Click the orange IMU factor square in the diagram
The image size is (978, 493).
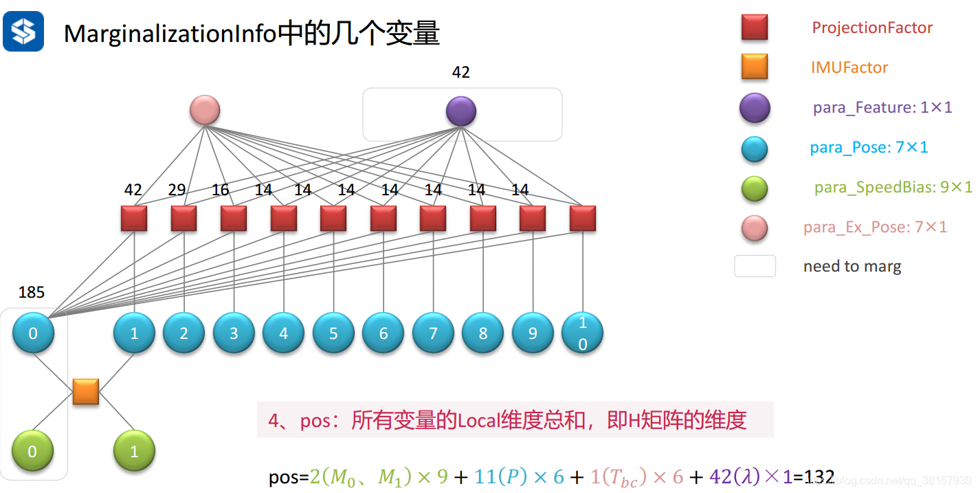(86, 391)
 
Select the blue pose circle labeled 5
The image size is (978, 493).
(333, 333)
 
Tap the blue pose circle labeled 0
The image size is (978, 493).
(33, 333)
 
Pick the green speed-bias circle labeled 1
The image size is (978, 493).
(134, 452)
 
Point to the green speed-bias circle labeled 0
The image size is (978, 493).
(33, 452)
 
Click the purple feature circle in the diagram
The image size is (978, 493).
(460, 111)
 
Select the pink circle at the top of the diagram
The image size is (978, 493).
(205, 110)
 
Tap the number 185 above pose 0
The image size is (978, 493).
(32, 292)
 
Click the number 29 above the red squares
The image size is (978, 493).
(177, 190)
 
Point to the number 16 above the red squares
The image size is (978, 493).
(220, 190)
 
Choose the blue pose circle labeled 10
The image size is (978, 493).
(583, 333)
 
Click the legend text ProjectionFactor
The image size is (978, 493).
(872, 28)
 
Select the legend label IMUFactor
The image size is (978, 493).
(849, 67)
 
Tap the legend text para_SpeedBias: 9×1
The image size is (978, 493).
(893, 187)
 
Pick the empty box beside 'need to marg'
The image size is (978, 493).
(755, 266)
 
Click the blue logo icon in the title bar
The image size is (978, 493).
(23, 31)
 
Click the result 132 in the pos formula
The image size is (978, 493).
(819, 476)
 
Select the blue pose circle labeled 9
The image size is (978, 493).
(533, 333)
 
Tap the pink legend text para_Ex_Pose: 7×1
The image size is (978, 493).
(875, 227)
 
